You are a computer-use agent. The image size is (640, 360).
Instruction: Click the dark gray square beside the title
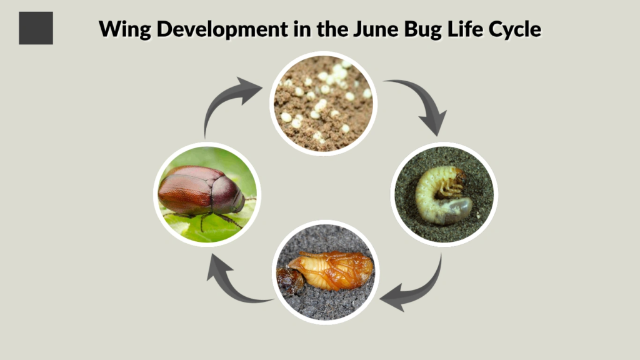click(36, 28)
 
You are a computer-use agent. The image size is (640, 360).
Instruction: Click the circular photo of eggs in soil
click(323, 103)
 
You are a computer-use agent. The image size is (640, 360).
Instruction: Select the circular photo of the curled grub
click(443, 194)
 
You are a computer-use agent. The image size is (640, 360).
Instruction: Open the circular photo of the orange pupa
click(324, 272)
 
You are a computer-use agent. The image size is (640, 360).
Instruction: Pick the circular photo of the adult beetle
click(207, 194)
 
